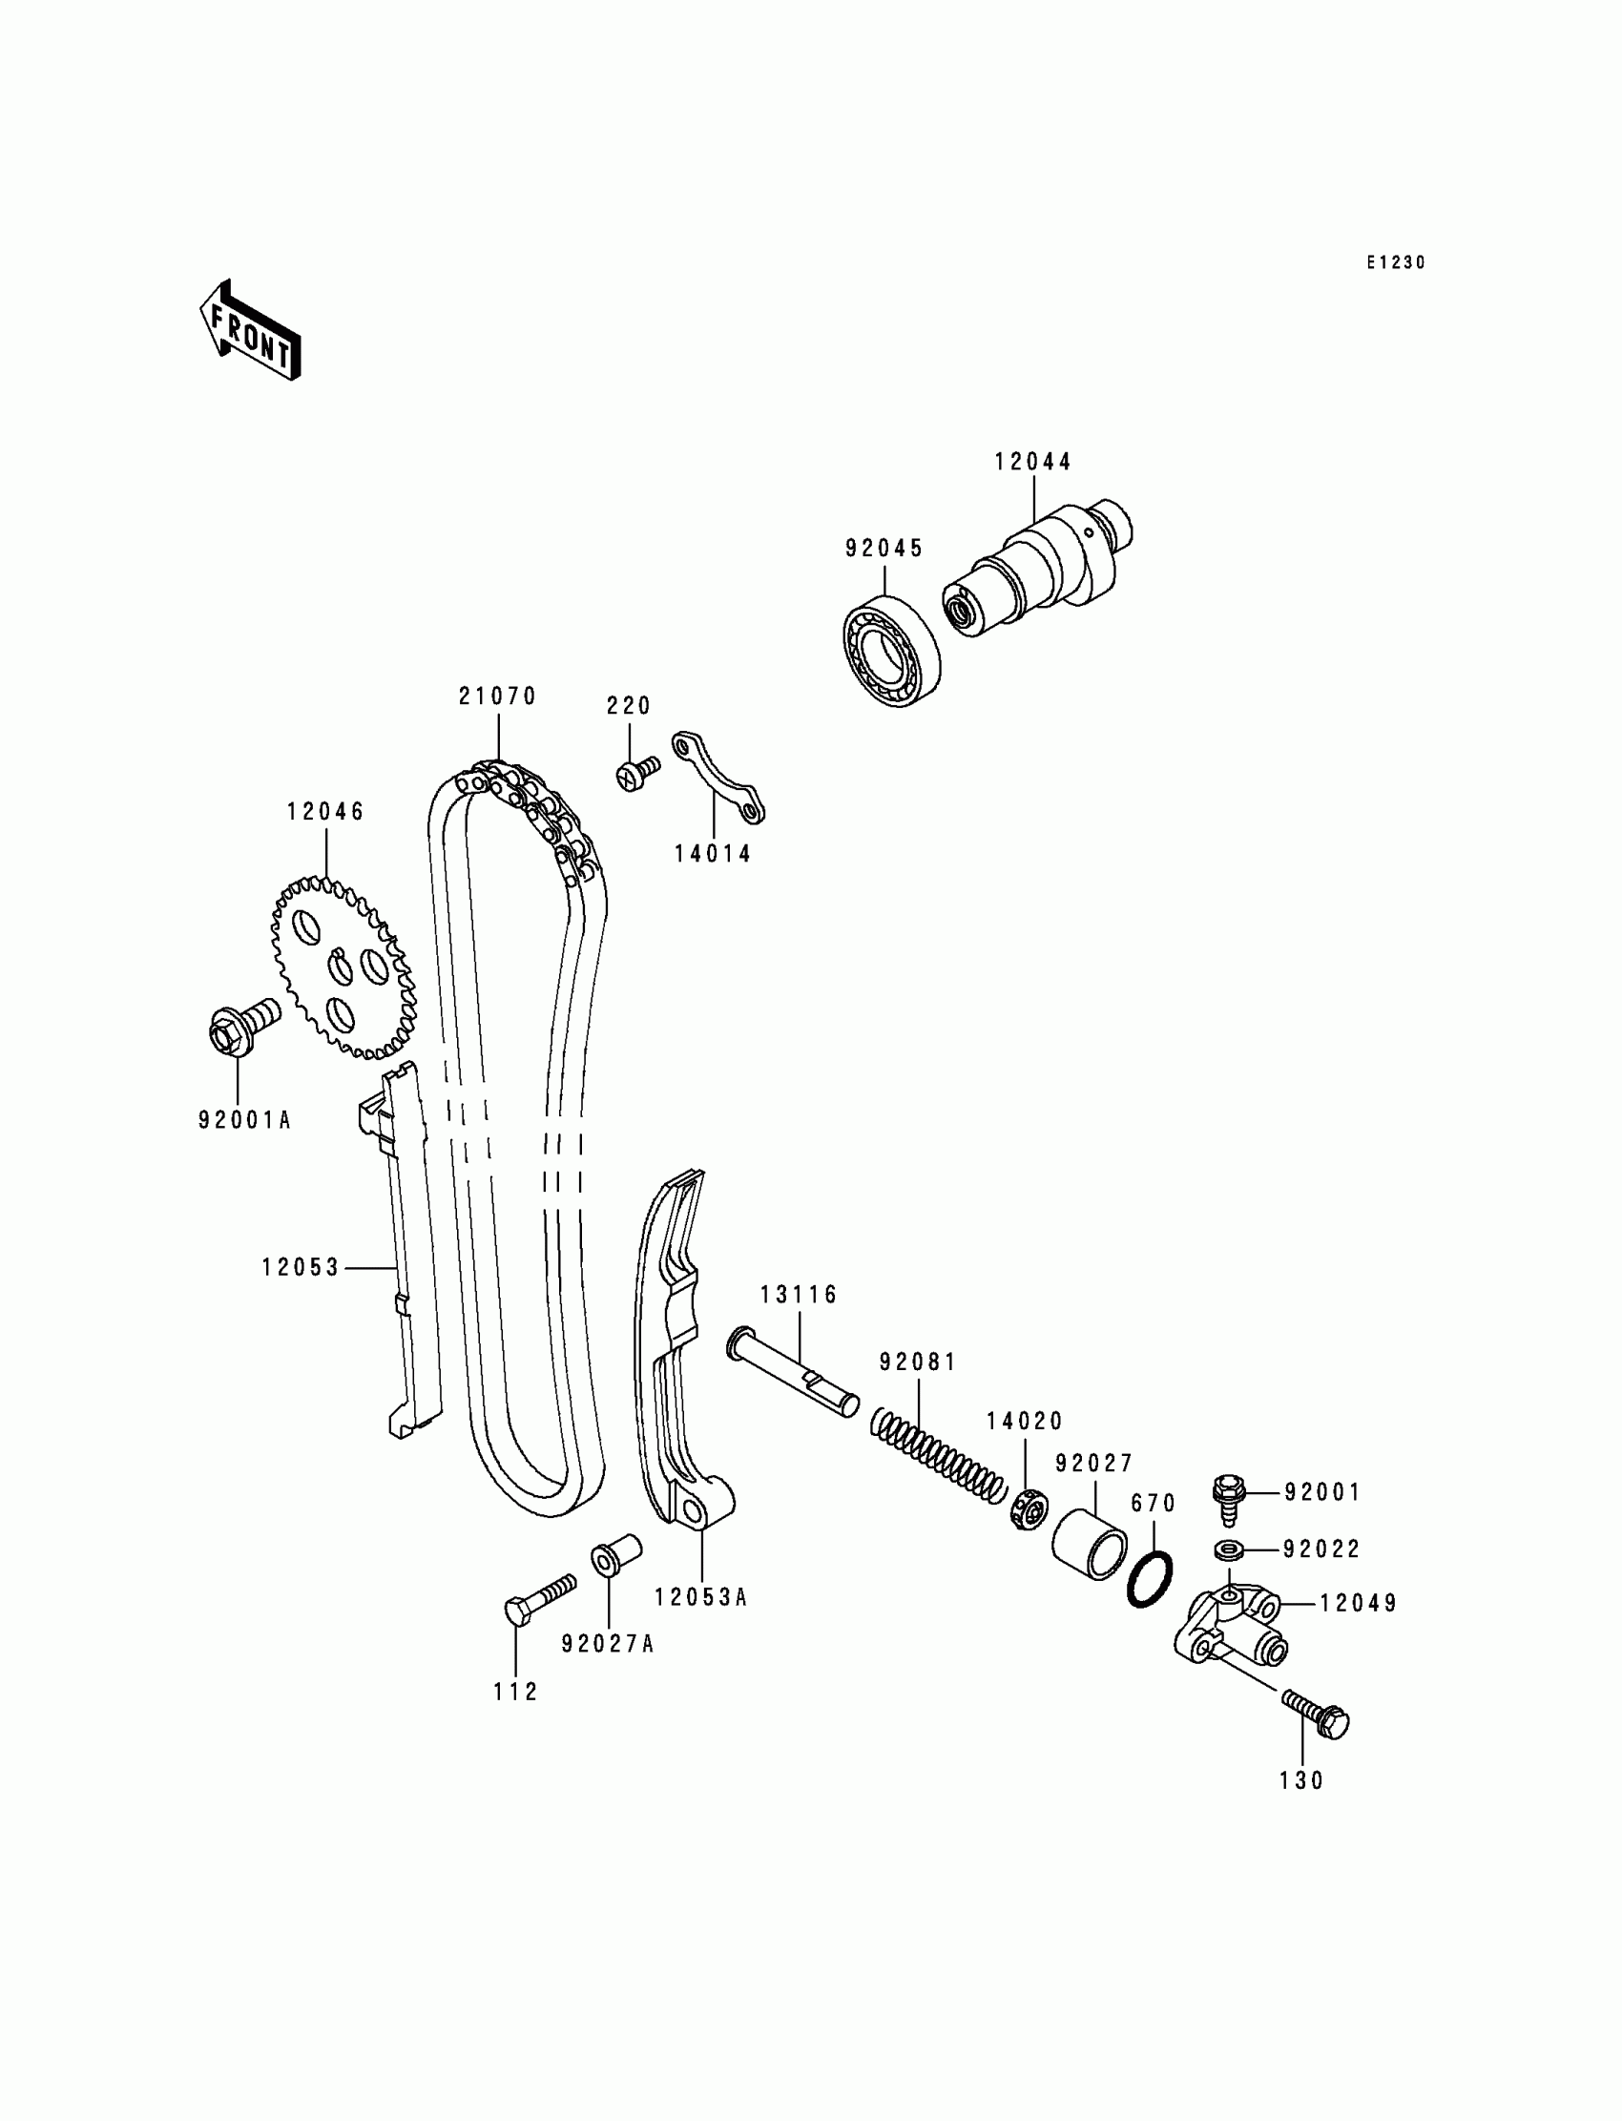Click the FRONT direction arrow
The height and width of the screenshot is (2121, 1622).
(x=250, y=330)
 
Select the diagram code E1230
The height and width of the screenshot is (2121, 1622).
(x=1395, y=262)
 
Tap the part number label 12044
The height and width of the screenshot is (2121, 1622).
(x=1033, y=463)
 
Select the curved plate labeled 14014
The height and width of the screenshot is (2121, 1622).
(x=718, y=789)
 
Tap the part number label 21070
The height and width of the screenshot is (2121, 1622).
(x=497, y=697)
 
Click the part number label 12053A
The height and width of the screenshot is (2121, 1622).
(x=701, y=1598)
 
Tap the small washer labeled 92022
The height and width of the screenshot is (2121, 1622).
(x=1228, y=1549)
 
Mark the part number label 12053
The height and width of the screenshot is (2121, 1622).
(x=302, y=1268)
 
